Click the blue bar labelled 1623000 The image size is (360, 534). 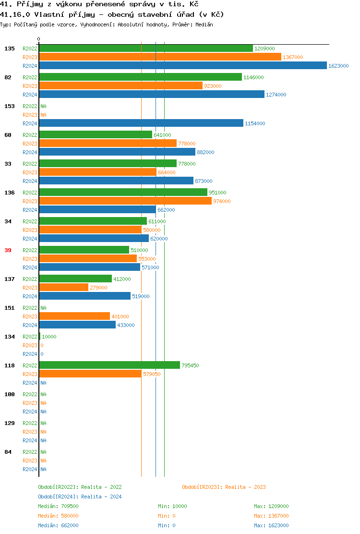(182, 66)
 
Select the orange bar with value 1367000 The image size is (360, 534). (160, 57)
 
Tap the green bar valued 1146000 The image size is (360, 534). (140, 77)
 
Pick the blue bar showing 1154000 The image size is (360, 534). (141, 123)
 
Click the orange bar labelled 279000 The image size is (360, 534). (63, 288)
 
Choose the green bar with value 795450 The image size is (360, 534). (109, 365)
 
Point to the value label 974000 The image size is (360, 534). (222, 201)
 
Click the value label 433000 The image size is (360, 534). (126, 325)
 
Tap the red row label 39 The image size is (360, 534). (8, 250)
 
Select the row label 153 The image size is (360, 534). (10, 106)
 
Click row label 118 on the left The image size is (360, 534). (10, 365)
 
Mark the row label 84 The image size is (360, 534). (8, 452)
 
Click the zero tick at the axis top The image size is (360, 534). (39, 39)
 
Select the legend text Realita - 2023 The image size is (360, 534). (245, 487)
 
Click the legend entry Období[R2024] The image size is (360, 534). (59, 497)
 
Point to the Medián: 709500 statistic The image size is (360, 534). (58, 506)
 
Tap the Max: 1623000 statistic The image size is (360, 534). (271, 525)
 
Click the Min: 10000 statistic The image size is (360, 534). (172, 506)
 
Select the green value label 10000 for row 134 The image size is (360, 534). (49, 337)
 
